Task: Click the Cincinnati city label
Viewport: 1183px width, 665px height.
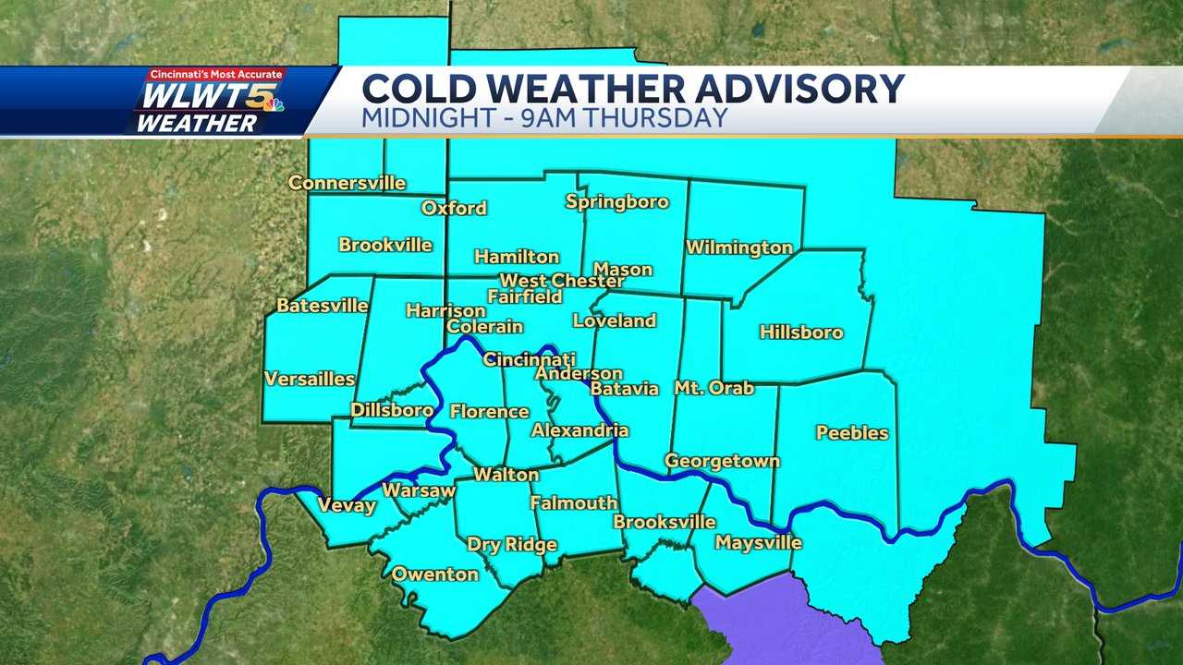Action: click(x=530, y=359)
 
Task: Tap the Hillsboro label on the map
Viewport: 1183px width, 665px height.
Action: click(x=801, y=332)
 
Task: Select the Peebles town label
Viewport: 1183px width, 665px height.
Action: click(x=852, y=432)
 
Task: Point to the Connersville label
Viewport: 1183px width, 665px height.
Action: click(x=347, y=183)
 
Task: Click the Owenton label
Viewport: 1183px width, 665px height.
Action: click(x=435, y=574)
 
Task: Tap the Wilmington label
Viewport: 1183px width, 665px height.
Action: click(x=738, y=248)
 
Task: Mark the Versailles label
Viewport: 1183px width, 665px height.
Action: click(x=310, y=379)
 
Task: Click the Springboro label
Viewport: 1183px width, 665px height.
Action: click(x=616, y=201)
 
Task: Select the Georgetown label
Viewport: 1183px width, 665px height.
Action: click(x=722, y=461)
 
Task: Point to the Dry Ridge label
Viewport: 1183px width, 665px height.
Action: click(x=511, y=544)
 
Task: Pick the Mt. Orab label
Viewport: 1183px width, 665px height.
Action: click(x=713, y=388)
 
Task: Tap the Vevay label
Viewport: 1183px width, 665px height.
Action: click(x=347, y=505)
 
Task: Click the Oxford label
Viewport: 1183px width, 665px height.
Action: click(x=454, y=208)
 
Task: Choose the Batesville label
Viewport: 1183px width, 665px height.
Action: click(x=323, y=305)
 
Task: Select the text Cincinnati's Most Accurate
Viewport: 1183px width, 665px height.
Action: click(x=218, y=74)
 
